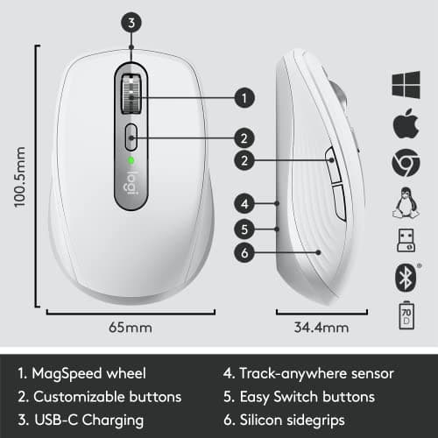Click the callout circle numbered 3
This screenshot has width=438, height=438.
[131, 24]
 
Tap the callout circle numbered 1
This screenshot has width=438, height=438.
[244, 97]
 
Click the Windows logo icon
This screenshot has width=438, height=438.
[404, 84]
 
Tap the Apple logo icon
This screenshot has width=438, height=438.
[404, 124]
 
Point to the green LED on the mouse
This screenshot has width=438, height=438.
[131, 160]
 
